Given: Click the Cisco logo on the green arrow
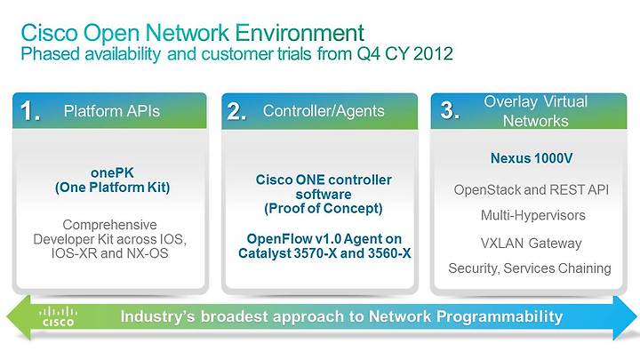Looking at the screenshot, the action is point(58,316).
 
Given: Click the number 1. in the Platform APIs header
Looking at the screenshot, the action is point(30,111).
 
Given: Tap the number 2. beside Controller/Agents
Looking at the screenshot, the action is point(236,111).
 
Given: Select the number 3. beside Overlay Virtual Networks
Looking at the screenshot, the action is point(450,110).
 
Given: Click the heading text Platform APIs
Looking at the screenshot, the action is point(112,111).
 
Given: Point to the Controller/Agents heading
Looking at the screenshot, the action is point(324,111).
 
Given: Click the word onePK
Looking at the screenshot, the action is point(112,172).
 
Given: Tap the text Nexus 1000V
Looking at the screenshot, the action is point(532,158).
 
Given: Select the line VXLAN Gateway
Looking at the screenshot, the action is point(531,244).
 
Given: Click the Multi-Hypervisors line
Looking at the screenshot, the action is point(533,215).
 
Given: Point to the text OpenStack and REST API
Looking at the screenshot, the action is point(531,190).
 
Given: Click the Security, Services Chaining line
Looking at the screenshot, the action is point(530,268).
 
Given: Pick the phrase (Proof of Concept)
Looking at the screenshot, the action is point(324,209).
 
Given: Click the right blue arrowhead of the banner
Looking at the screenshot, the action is point(625,317).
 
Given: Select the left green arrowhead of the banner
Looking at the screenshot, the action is point(19,317).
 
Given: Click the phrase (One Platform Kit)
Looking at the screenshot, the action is point(112,188).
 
